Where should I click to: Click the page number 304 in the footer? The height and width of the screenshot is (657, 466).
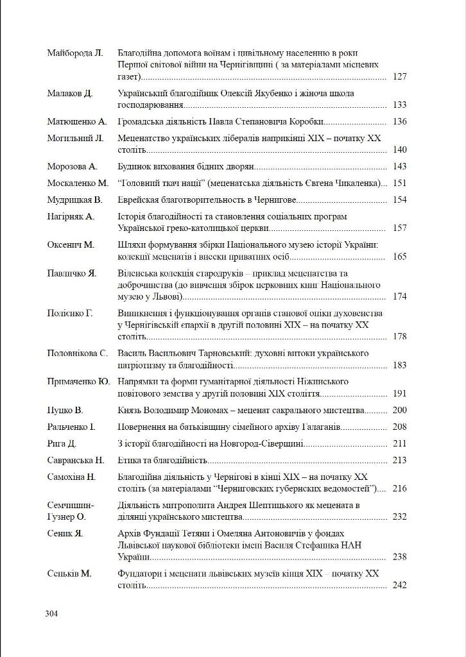click(x=52, y=613)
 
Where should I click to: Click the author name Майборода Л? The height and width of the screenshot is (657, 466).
click(x=75, y=53)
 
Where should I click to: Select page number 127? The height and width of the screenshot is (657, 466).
click(x=399, y=76)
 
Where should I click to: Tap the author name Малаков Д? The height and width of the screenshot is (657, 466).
click(x=70, y=93)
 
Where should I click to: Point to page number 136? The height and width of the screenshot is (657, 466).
click(x=399, y=121)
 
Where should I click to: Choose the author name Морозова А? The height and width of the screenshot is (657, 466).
click(x=73, y=166)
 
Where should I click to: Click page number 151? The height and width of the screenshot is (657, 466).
click(x=399, y=183)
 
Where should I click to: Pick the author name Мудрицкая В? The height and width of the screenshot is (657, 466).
click(x=75, y=200)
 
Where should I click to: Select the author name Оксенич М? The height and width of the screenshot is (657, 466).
click(x=71, y=244)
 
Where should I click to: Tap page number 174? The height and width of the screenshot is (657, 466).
click(x=399, y=296)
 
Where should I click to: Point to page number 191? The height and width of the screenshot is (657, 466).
click(x=399, y=393)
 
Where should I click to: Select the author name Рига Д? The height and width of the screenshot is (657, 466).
click(x=62, y=443)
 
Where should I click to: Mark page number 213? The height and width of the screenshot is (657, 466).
click(x=399, y=460)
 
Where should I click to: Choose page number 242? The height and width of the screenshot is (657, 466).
click(x=399, y=585)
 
